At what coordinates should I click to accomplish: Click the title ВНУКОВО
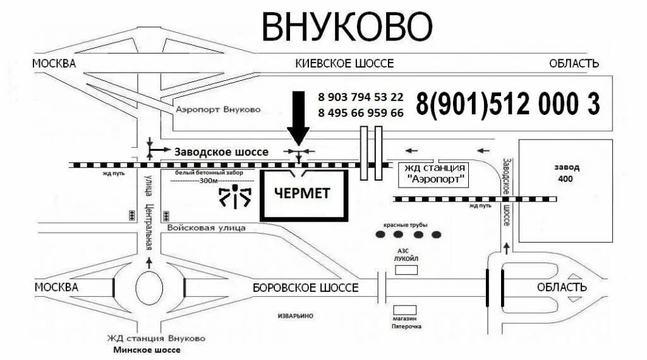347,27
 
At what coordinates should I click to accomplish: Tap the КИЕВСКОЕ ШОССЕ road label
344,63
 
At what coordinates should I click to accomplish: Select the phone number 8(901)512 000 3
507,104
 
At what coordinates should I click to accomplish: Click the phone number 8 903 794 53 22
361,97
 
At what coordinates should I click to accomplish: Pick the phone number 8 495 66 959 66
361,113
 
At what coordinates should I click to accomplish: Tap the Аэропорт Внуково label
218,110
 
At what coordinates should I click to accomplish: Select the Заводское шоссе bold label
221,152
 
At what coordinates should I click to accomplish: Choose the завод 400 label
565,173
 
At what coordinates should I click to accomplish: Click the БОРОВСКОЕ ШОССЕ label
305,288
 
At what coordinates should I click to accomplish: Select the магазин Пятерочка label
406,323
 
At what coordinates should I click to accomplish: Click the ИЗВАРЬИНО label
296,315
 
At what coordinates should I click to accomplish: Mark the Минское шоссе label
150,349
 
